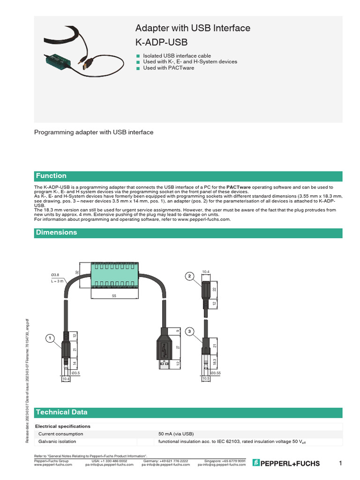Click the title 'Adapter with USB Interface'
pyautogui.click(x=193, y=29)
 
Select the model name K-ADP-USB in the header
pyautogui.click(x=161, y=43)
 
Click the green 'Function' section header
pyautogui.click(x=52, y=176)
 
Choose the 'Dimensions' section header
pyautogui.click(x=56, y=232)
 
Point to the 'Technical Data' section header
pyautogui.click(x=61, y=412)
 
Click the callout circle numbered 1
pyautogui.click(x=49, y=337)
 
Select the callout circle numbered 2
pyautogui.click(x=189, y=276)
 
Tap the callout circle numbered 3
pyautogui.click(x=189, y=331)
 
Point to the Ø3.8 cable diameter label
pyautogui.click(x=55, y=274)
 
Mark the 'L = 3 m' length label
pyautogui.click(x=57, y=281)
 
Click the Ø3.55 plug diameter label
pyautogui.click(x=216, y=373)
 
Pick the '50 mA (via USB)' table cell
pyautogui.click(x=176, y=434)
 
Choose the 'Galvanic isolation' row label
pyautogui.click(x=57, y=442)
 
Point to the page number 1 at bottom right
pyautogui.click(x=340, y=464)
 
